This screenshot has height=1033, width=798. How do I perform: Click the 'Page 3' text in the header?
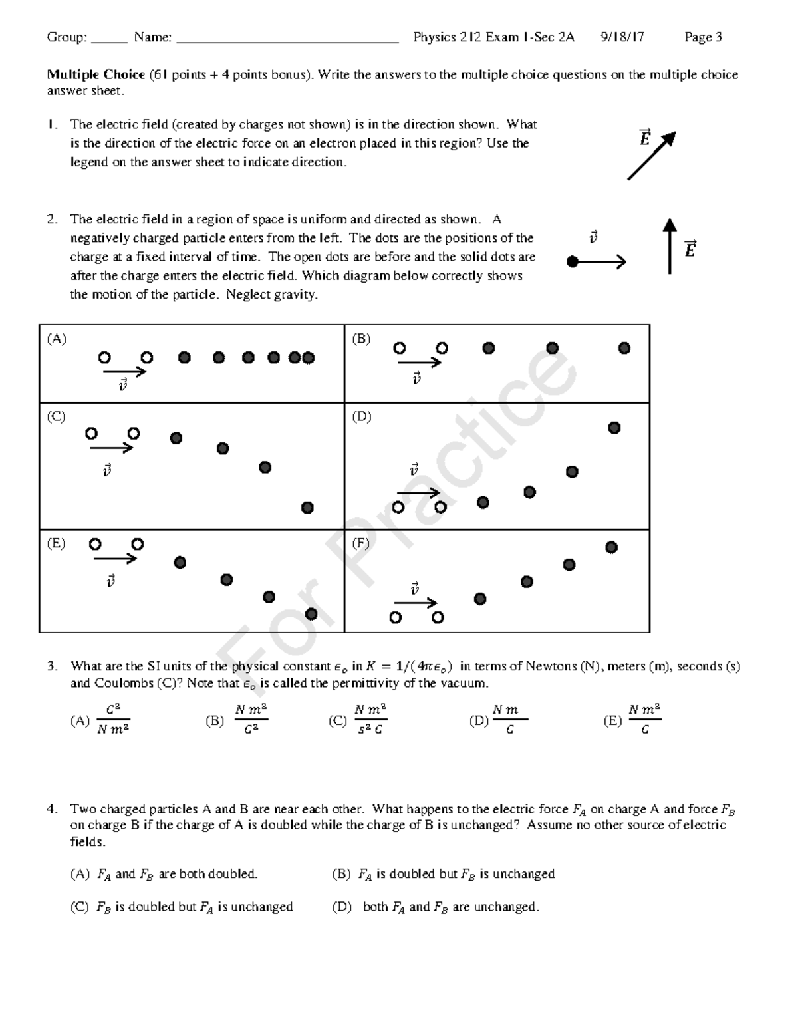click(703, 37)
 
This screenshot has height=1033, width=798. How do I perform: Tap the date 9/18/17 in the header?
click(622, 37)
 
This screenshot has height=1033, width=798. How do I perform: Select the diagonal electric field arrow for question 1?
click(651, 156)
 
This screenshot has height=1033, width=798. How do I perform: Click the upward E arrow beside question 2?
click(670, 245)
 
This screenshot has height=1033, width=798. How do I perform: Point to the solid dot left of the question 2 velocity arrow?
click(572, 262)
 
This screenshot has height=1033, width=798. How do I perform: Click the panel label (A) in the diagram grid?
click(57, 339)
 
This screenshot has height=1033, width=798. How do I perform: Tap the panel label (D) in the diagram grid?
click(362, 416)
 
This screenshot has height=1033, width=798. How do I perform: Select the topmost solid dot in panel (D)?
click(614, 428)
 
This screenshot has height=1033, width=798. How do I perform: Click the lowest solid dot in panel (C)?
click(307, 508)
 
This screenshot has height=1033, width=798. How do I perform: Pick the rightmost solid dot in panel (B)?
click(624, 348)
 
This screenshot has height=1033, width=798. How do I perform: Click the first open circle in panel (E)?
click(95, 545)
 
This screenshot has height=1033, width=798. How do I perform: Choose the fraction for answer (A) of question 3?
click(113, 720)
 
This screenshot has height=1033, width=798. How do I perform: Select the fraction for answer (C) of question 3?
click(370, 720)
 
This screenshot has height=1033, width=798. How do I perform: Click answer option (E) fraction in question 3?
click(644, 720)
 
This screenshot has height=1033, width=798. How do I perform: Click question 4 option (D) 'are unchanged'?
click(436, 907)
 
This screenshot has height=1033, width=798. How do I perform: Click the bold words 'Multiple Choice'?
click(96, 74)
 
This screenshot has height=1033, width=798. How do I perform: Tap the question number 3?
click(51, 666)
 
